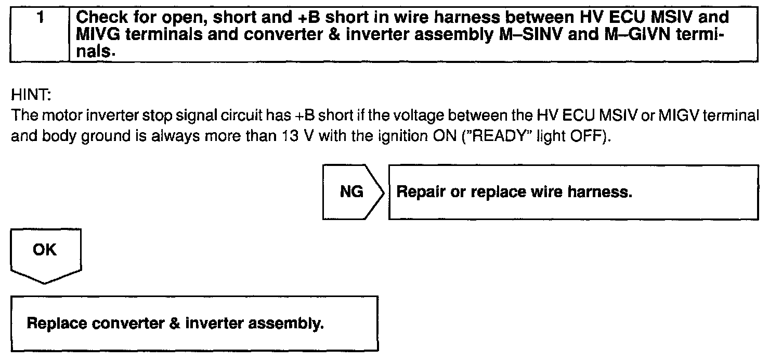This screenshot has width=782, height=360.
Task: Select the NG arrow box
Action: [x=352, y=192]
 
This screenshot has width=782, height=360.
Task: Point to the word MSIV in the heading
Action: [x=667, y=17]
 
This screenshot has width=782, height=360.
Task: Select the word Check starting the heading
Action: [x=99, y=17]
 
